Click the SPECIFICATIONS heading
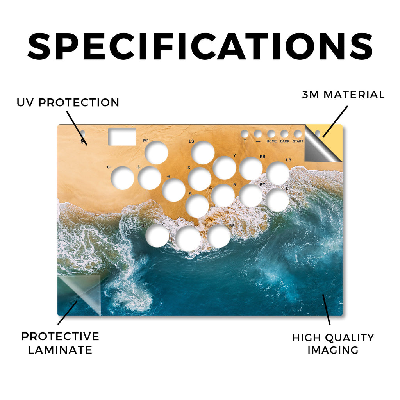point(200,46)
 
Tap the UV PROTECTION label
point(68,103)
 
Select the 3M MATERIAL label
point(343,95)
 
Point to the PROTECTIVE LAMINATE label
point(60,343)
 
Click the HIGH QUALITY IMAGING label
point(333,344)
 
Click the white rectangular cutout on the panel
point(122,137)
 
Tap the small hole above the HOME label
point(271,134)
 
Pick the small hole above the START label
point(297,134)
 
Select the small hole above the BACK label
point(284,134)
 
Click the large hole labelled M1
point(156,153)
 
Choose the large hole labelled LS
point(203,153)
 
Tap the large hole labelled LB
point(277,173)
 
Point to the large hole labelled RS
point(219,236)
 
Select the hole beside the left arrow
point(123,178)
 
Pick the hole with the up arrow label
point(188,238)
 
